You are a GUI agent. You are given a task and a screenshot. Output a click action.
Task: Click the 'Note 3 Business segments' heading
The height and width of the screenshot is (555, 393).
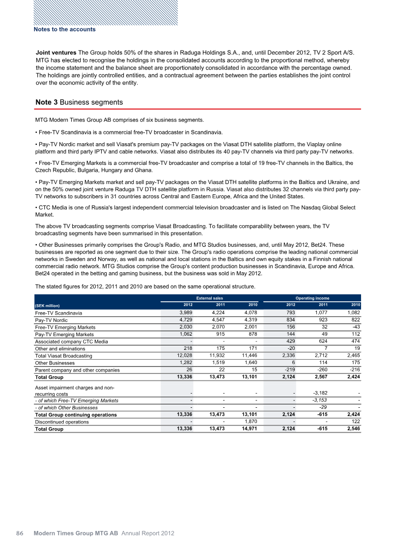click(x=79, y=102)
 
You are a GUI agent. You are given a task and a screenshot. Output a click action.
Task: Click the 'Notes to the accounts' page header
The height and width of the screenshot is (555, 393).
click(x=64, y=29)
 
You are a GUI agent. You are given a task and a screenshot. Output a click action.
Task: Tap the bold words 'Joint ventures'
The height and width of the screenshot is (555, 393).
click(x=56, y=52)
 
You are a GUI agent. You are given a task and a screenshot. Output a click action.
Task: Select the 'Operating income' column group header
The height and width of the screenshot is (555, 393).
click(x=311, y=298)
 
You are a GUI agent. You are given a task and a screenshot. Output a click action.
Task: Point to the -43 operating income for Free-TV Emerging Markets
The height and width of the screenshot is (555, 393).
click(x=355, y=327)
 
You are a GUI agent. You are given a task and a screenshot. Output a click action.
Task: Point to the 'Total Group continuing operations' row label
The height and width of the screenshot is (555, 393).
click(x=76, y=415)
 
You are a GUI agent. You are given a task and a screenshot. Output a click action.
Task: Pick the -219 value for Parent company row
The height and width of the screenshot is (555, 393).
click(x=288, y=370)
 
